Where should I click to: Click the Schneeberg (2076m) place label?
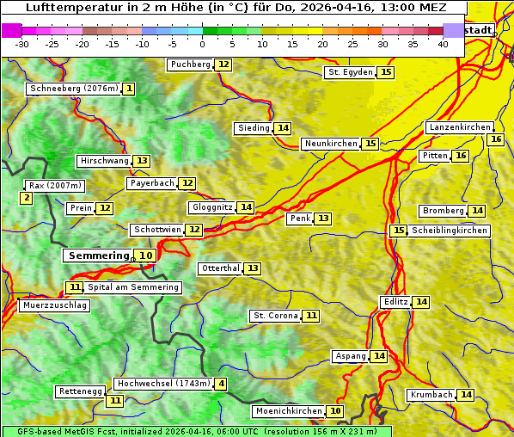pyautogui.click(x=73, y=89)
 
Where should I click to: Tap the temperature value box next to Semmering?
pyautogui.click(x=146, y=255)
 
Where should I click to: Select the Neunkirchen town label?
pyautogui.click(x=330, y=144)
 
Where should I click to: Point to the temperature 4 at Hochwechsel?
pyautogui.click(x=221, y=384)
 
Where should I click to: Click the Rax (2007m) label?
pyautogui.click(x=55, y=185)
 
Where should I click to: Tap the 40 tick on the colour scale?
pyautogui.click(x=443, y=43)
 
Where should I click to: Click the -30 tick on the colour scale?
pyautogui.click(x=22, y=43)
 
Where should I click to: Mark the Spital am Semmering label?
pyautogui.click(x=133, y=287)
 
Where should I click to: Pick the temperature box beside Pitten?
pyautogui.click(x=461, y=156)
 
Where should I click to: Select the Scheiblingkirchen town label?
pyautogui.click(x=450, y=231)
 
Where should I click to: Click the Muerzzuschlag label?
pyautogui.click(x=54, y=305)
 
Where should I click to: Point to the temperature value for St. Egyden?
pyautogui.click(x=386, y=72)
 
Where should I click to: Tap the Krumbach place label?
pyautogui.click(x=431, y=395)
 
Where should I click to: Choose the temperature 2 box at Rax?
pyautogui.click(x=27, y=199)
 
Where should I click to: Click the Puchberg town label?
pyautogui.click(x=190, y=65)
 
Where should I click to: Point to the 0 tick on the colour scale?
pyautogui.click(x=203, y=43)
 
